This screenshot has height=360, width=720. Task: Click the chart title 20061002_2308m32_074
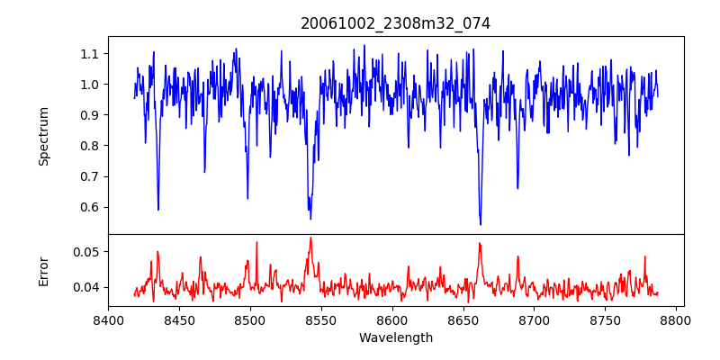395,23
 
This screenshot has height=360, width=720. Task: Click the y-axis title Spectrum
44,136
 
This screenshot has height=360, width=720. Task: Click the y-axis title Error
44,271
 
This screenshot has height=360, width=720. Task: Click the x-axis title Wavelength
395,338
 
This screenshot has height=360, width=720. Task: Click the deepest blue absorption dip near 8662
481,223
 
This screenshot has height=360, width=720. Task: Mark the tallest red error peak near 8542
310,238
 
